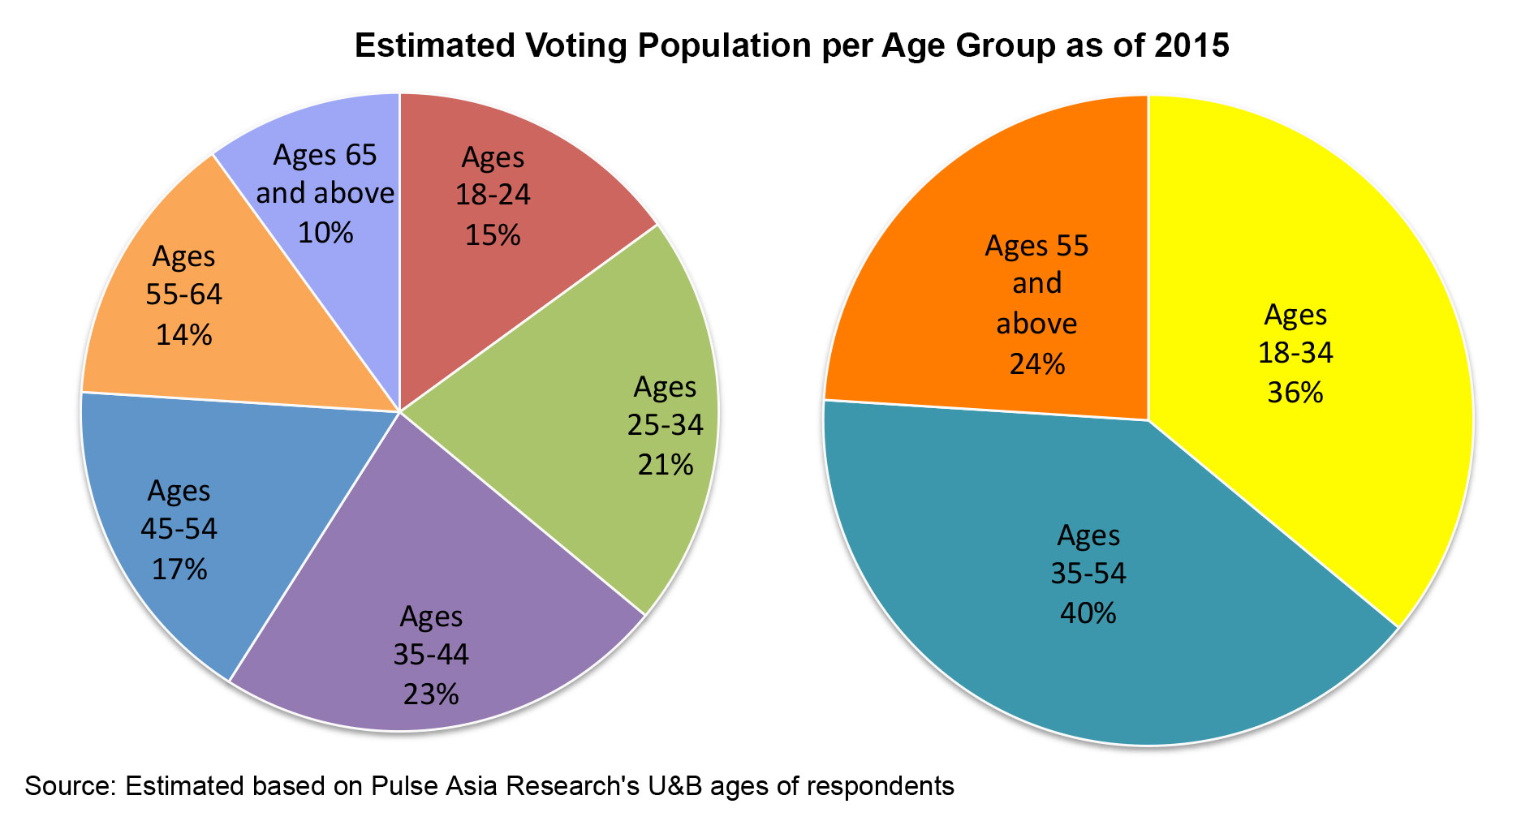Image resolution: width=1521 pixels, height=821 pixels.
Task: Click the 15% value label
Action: (493, 235)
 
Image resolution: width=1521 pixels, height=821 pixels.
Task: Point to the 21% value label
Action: (666, 465)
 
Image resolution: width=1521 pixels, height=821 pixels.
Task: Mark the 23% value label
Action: (431, 694)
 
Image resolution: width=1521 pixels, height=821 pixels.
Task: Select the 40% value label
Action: (1088, 613)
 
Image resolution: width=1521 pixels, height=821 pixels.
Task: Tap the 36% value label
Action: (1295, 393)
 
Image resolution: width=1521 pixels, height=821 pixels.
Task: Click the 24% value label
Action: (1036, 363)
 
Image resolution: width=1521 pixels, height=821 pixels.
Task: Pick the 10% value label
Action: (325, 233)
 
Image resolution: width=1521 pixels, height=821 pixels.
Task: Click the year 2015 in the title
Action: (1192, 45)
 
